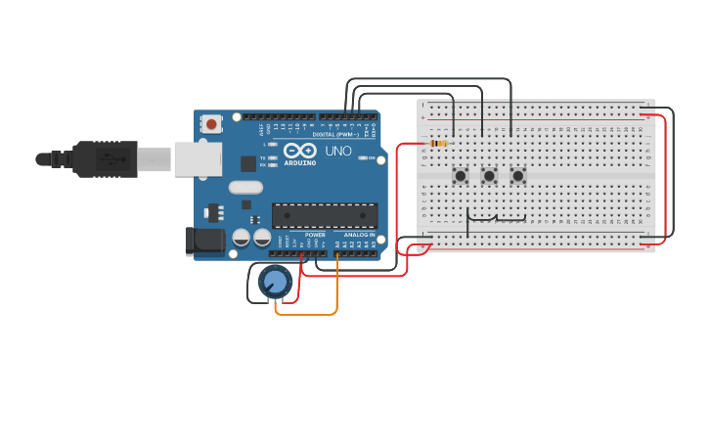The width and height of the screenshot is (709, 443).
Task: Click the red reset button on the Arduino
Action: [x=211, y=124]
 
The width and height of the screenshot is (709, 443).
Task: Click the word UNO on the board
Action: [x=337, y=152]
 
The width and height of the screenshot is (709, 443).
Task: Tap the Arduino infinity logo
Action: [x=300, y=151]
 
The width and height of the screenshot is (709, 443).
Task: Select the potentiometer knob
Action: [x=276, y=283]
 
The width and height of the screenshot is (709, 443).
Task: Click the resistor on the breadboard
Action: [x=438, y=144]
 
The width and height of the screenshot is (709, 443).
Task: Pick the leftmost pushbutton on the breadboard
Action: [x=460, y=176]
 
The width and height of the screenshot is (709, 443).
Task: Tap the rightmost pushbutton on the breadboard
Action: [x=517, y=176]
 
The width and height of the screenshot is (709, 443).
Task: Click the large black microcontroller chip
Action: [x=324, y=215]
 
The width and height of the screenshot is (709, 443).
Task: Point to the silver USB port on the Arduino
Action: [x=197, y=158]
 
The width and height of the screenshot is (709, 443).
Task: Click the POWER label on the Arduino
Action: [x=315, y=235]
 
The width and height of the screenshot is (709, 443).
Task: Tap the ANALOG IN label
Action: [x=357, y=235]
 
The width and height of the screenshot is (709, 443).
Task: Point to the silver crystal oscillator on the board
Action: [x=245, y=187]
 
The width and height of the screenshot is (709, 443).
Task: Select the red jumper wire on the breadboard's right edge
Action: [x=665, y=176]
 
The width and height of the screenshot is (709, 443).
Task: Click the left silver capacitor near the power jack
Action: [x=241, y=237]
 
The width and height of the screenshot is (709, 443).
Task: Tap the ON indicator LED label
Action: [x=372, y=157]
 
